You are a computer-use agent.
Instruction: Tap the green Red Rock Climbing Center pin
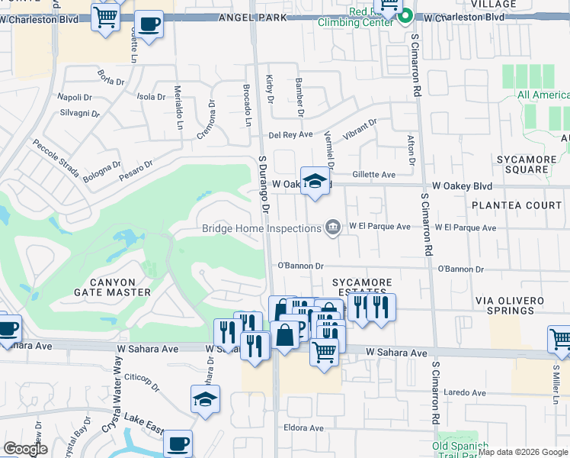click(x=406, y=15)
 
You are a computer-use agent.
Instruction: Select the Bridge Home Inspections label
click(x=261, y=228)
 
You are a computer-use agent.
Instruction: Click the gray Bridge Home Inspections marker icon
click(x=333, y=227)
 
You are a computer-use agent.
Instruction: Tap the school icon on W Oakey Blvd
click(x=315, y=182)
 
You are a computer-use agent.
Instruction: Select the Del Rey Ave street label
click(x=290, y=135)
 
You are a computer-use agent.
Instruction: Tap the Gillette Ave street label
click(x=373, y=175)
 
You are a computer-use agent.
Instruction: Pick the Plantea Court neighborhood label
click(x=516, y=205)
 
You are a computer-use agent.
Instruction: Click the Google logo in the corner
click(x=25, y=449)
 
